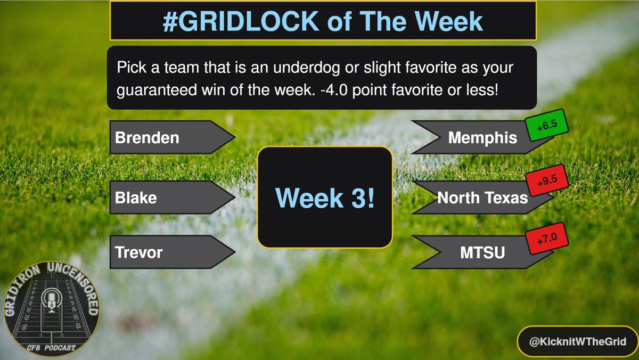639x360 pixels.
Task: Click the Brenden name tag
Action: pyautogui.click(x=148, y=138)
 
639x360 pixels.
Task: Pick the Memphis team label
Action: pyautogui.click(x=482, y=138)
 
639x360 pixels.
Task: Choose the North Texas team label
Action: pyautogui.click(x=482, y=198)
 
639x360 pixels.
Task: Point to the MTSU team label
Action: pyautogui.click(x=483, y=254)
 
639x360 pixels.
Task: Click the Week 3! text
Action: pyautogui.click(x=325, y=198)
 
